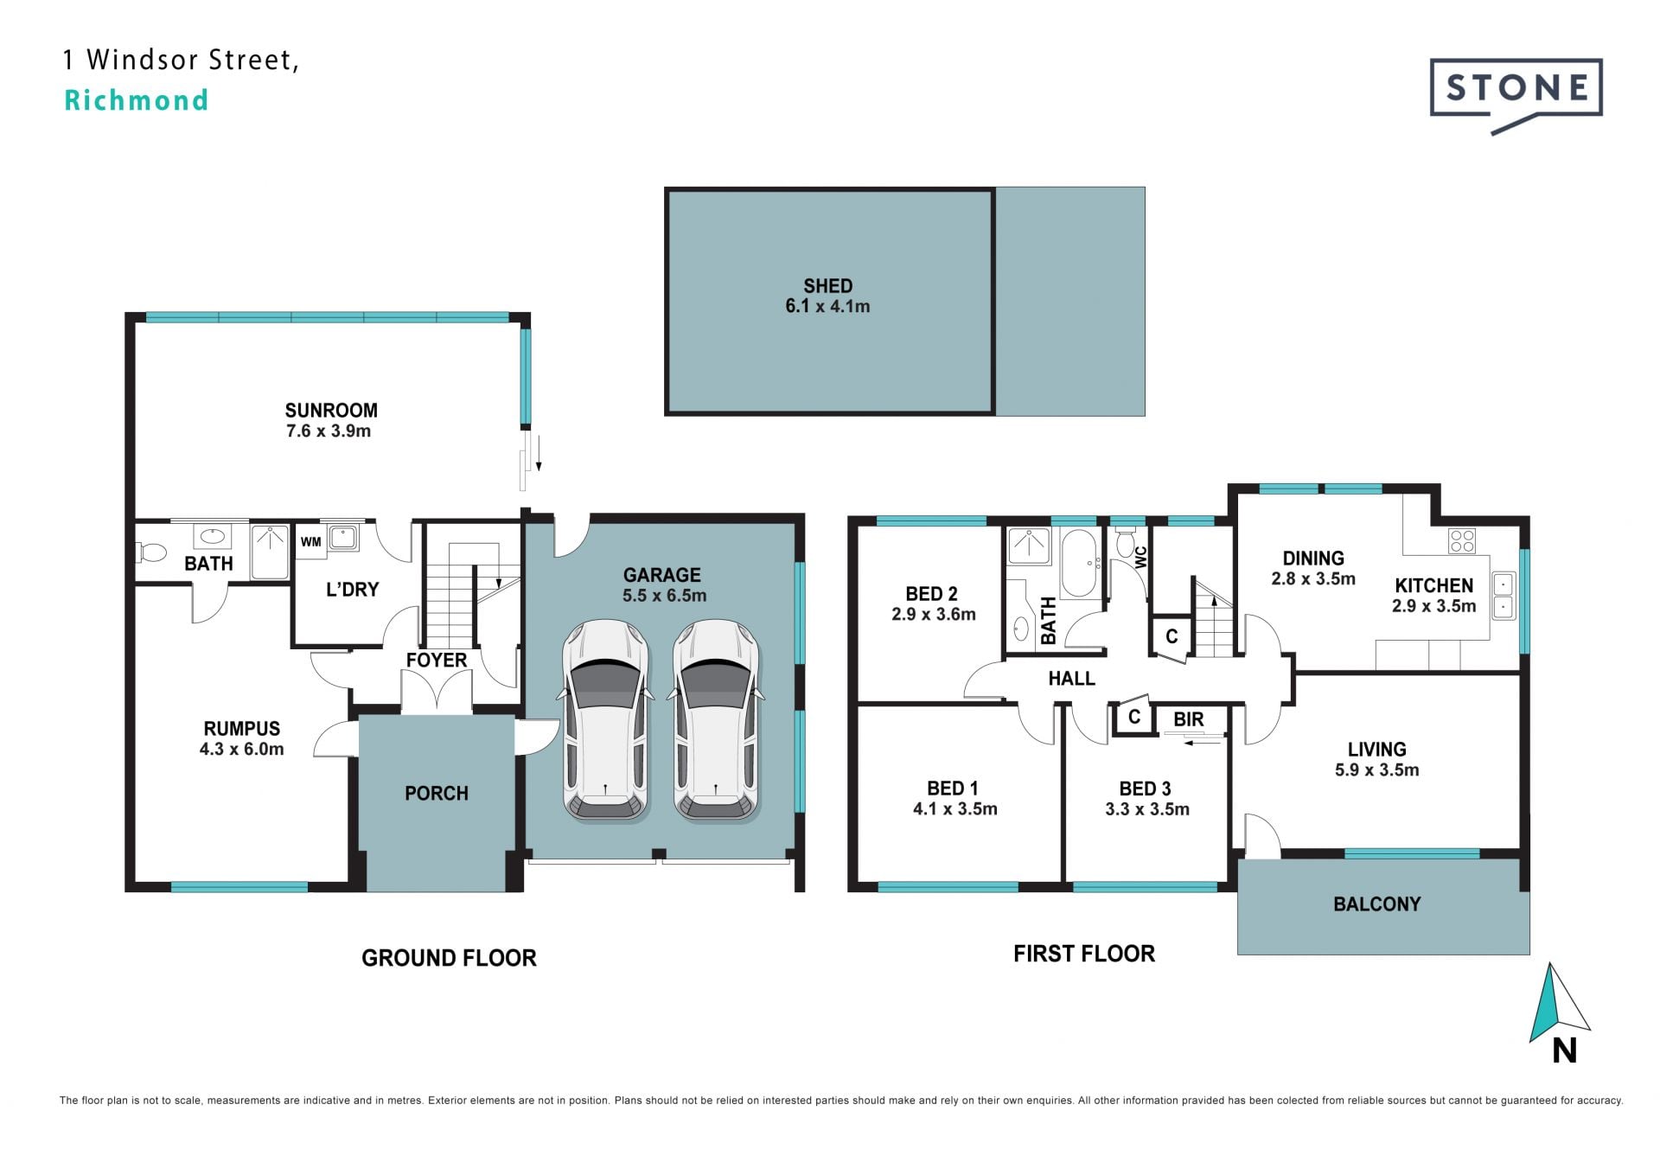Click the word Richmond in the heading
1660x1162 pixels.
coord(137,100)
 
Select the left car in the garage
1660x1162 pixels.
coord(605,720)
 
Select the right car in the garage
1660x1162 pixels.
coord(717,720)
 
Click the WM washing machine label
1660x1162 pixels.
coord(310,542)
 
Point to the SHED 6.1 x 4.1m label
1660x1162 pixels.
coord(827,296)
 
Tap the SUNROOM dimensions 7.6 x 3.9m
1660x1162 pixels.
coord(329,431)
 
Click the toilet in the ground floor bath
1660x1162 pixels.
coord(151,552)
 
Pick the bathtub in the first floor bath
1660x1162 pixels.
coord(1078,563)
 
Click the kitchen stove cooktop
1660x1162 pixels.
coord(1462,541)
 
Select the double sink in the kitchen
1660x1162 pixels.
coord(1503,596)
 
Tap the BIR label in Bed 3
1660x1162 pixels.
coord(1189,719)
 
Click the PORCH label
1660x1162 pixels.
coord(437,793)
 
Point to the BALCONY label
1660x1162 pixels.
coord(1377,904)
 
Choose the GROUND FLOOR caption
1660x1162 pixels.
coord(449,958)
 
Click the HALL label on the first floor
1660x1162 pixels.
coord(1072,679)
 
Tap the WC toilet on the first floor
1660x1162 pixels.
coord(1125,544)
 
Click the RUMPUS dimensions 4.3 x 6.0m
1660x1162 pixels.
coord(242,750)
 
